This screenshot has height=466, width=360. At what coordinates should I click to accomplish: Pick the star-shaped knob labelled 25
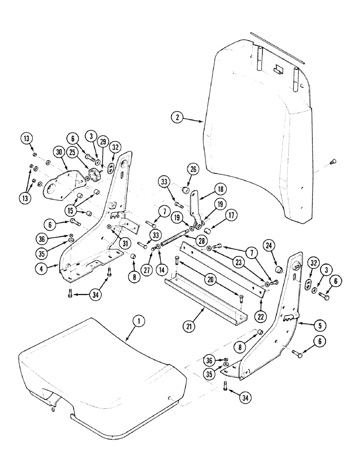[95, 177]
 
